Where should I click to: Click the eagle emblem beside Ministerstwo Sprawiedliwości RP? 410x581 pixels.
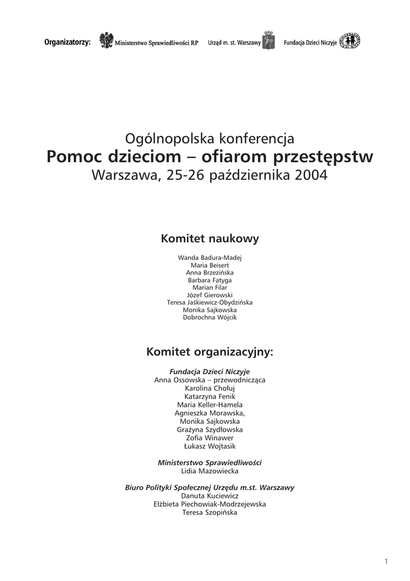click(x=106, y=41)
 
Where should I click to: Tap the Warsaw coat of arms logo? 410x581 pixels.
click(x=269, y=41)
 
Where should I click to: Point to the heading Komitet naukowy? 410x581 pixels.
click(x=210, y=239)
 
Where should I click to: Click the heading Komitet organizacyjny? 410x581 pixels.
click(x=210, y=352)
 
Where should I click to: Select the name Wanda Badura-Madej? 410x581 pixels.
click(x=210, y=258)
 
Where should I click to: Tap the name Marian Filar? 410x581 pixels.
click(x=210, y=288)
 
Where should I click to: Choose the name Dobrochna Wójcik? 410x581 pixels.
click(x=210, y=318)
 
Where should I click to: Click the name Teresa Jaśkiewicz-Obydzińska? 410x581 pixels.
click(x=210, y=302)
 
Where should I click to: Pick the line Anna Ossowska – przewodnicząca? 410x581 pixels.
click(x=210, y=380)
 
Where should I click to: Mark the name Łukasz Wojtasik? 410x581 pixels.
click(x=210, y=447)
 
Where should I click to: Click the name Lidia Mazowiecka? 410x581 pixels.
click(x=210, y=471)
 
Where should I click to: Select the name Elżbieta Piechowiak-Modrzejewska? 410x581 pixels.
click(x=210, y=504)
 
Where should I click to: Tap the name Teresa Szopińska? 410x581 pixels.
click(x=210, y=512)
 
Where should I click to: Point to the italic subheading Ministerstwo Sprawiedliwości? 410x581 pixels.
click(x=210, y=462)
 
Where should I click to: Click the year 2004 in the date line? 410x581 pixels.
click(x=311, y=175)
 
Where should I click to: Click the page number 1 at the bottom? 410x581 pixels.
click(x=386, y=562)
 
